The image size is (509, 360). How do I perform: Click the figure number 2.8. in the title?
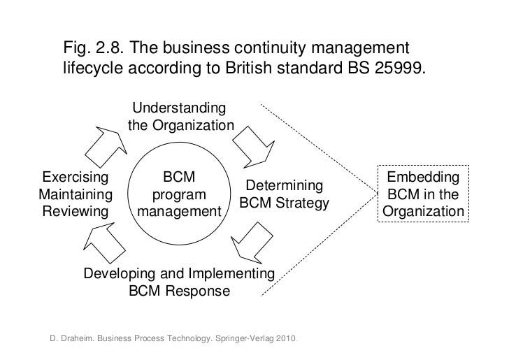click(x=109, y=50)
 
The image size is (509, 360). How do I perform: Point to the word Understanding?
click(x=179, y=109)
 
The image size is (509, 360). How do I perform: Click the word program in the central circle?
click(x=179, y=194)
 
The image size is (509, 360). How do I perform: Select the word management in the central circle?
click(x=179, y=211)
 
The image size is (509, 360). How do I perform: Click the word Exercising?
click(x=76, y=177)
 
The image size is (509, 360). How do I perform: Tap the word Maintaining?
click(x=76, y=194)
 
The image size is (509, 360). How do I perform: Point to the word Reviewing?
click(x=76, y=211)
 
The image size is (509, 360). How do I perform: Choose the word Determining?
click(x=284, y=187)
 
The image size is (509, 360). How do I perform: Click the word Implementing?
click(x=231, y=273)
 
